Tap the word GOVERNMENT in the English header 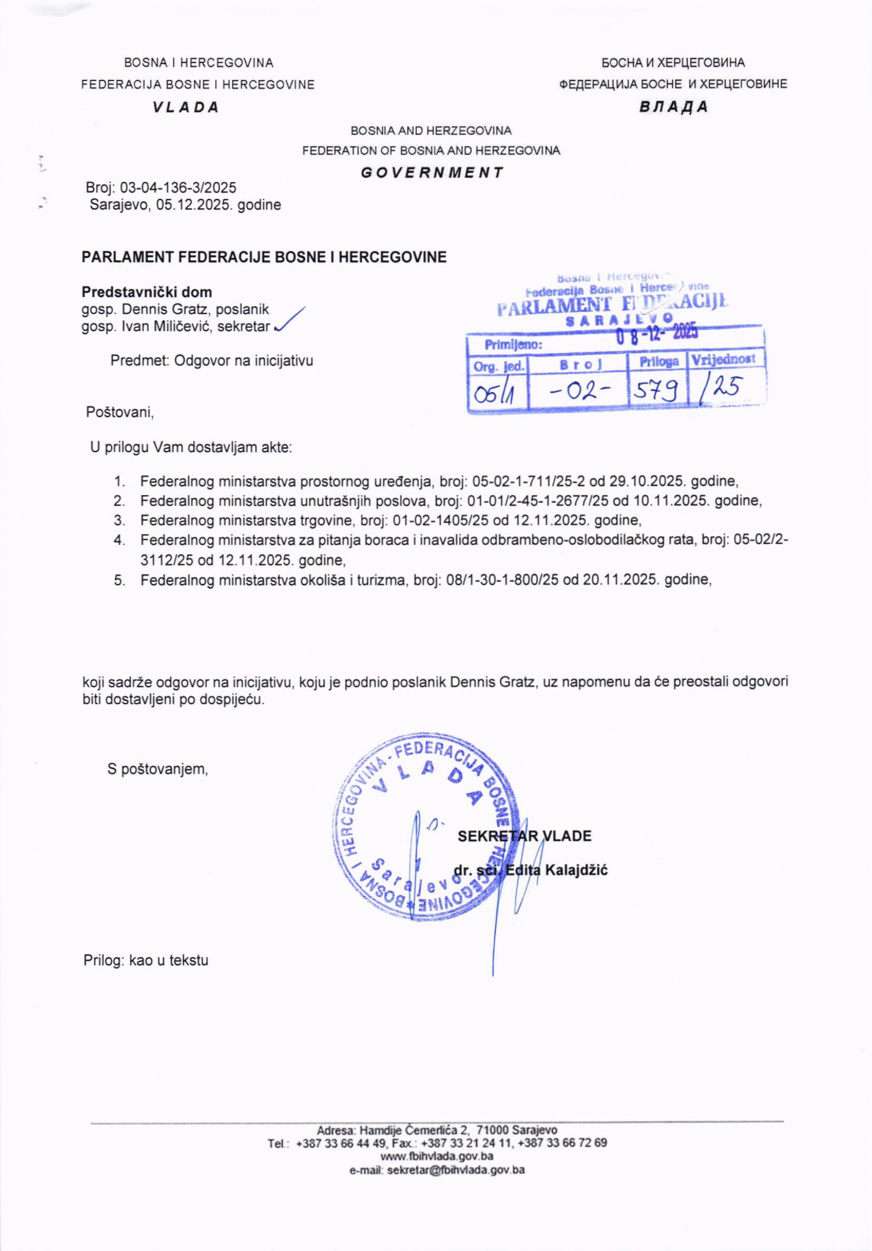tap(431, 173)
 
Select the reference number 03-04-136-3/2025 tap(178, 188)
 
